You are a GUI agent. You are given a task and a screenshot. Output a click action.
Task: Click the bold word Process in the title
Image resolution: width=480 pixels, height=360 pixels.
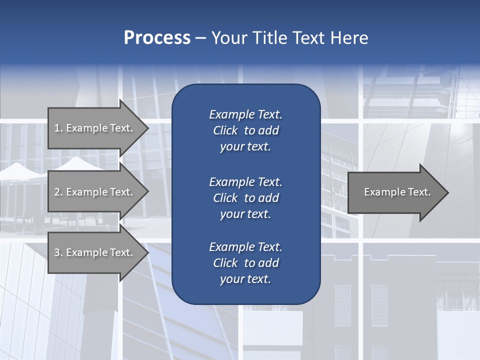click(157, 38)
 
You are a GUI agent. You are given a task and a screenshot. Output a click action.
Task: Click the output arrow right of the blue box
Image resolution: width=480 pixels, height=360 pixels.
click(395, 192)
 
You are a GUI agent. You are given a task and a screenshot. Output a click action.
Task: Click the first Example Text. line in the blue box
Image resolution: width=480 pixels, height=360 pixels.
click(245, 114)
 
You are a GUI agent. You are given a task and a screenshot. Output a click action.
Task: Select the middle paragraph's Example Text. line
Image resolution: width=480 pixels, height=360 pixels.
click(245, 181)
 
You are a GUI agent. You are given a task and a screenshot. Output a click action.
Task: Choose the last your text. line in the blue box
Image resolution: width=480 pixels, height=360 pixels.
click(245, 279)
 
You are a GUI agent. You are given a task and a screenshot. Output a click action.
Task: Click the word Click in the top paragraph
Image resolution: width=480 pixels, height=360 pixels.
click(225, 130)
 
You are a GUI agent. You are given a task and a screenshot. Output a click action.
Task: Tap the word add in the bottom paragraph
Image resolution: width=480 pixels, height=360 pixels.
click(269, 263)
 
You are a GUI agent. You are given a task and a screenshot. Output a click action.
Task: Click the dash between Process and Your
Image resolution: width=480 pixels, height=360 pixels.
click(200, 38)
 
